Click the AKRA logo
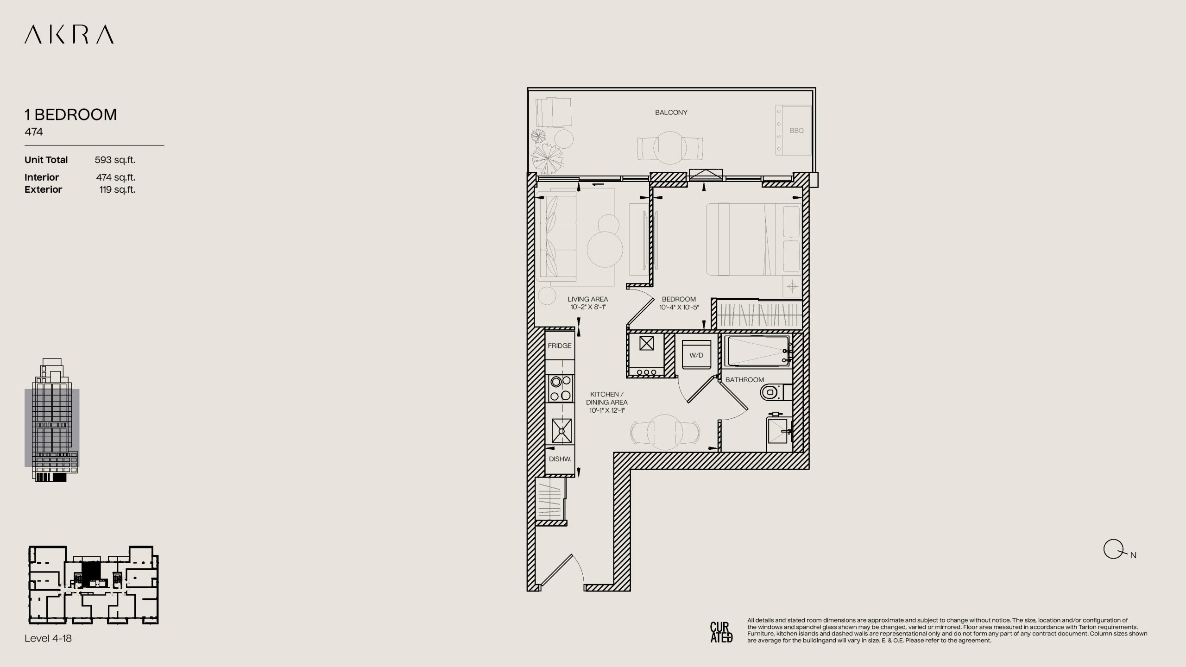[x=69, y=35]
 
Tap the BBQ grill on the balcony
[x=794, y=130]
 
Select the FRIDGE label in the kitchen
[x=559, y=346]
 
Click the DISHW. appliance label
[x=560, y=459]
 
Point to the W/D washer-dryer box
[x=696, y=355]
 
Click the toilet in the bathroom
[x=776, y=392]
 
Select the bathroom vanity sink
[x=780, y=432]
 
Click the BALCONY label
[x=671, y=112]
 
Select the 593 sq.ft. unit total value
[x=115, y=160]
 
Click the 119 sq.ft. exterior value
[x=117, y=189]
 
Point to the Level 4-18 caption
[x=48, y=638]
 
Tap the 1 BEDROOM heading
[x=71, y=114]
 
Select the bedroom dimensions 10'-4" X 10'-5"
[x=679, y=307]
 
